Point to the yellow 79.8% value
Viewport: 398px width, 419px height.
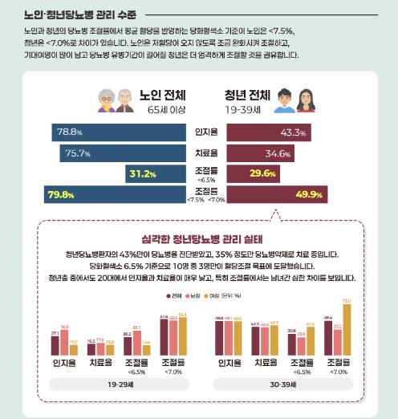pyautogui.click(x=65, y=193)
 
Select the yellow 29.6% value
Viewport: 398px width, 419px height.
pyautogui.click(x=240, y=173)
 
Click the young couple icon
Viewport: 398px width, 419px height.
pyautogui.click(x=288, y=100)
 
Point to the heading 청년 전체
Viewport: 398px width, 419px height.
pyautogui.click(x=247, y=95)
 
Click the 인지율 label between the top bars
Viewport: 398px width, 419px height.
pyautogui.click(x=201, y=131)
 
